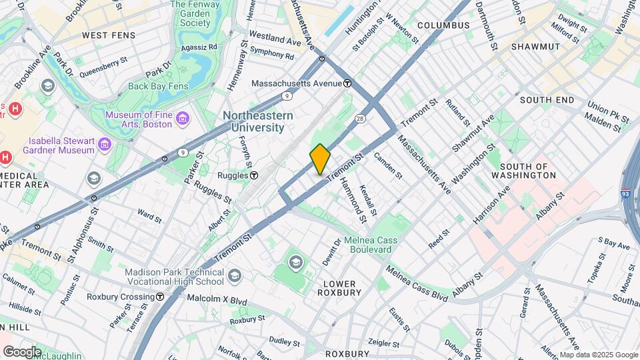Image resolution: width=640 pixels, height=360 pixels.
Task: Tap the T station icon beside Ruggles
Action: pos(254,175)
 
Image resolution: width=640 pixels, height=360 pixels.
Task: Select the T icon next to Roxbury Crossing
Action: pos(160,298)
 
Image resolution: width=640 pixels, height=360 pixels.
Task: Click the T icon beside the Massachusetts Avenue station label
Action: pos(347,84)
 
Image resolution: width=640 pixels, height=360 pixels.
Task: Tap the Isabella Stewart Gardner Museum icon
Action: pos(104,145)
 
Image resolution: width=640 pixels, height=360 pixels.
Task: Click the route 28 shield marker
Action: pos(359,118)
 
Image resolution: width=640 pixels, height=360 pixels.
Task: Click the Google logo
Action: pos(22,351)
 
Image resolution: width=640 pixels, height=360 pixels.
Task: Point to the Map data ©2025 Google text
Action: pos(598,355)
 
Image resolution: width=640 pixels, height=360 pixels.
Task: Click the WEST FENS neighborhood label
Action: pos(108,35)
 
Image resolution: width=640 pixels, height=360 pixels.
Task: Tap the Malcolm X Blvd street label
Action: pos(217,299)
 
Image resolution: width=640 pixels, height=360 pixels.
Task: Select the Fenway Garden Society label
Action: pos(199,13)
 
